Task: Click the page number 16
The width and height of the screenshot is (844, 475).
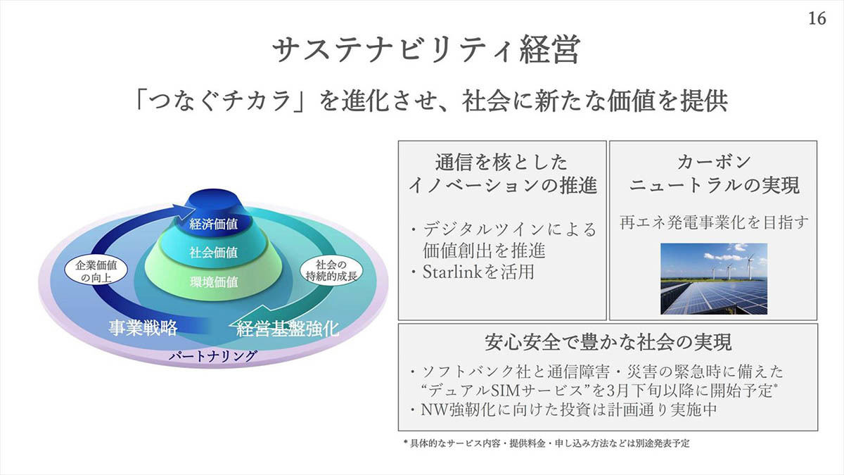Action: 817,18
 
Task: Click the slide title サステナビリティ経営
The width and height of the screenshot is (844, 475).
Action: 426,50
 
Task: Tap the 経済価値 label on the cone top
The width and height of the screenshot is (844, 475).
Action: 213,224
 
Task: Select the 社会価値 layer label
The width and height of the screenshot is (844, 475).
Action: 213,252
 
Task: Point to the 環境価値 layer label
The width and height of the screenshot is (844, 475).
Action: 214,282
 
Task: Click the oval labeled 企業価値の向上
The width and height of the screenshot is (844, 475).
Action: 96,272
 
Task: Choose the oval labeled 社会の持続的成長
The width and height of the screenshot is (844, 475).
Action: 331,271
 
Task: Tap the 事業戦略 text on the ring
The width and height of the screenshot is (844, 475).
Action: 143,328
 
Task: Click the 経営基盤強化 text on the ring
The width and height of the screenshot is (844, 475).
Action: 288,329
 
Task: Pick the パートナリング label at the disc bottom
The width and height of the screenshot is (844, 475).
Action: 213,356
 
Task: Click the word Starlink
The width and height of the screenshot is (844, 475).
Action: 452,272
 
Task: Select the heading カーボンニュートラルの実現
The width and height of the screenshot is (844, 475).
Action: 714,174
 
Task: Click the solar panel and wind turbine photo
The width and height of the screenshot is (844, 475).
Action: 714,279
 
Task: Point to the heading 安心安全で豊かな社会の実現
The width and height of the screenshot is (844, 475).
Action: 608,342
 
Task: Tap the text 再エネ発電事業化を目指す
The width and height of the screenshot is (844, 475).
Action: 714,222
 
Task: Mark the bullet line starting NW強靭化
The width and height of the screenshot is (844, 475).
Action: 564,410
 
